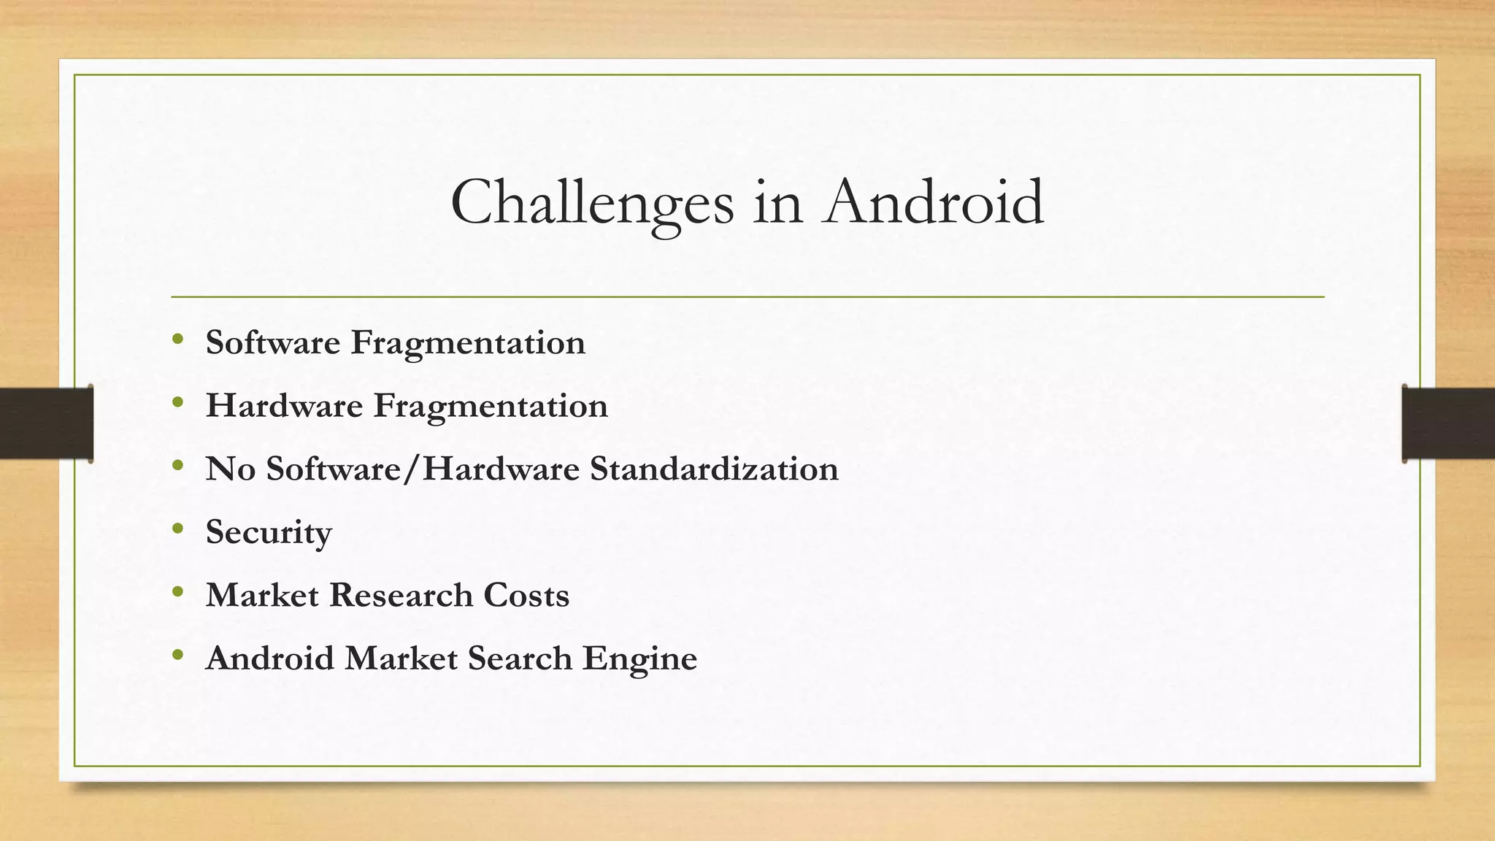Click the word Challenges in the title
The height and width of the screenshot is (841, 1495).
[x=592, y=203]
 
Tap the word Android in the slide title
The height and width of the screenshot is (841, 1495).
[x=934, y=203]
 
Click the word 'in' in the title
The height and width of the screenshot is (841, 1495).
[x=778, y=203]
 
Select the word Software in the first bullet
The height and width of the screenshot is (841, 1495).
[x=273, y=342]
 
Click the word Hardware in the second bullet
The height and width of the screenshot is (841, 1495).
[x=284, y=406]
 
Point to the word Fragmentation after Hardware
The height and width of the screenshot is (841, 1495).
[x=491, y=406]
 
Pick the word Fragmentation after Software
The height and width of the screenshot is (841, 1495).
[x=468, y=342]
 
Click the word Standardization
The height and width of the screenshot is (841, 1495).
[x=714, y=469]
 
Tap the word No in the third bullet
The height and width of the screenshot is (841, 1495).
[x=230, y=469]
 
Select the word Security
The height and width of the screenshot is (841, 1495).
[x=269, y=532]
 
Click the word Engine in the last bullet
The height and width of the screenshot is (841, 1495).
[x=639, y=658]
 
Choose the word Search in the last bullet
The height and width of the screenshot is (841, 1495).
[x=520, y=658]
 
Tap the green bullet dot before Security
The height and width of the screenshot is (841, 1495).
[x=178, y=529]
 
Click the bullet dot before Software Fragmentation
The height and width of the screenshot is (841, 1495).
[x=178, y=339]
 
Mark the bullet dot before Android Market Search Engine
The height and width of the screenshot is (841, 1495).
[x=178, y=655]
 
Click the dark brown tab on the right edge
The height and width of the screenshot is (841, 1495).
[x=1448, y=423]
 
